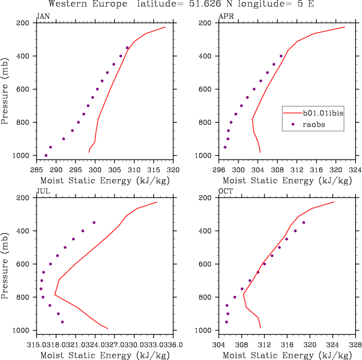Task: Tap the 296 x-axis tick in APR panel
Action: (219, 169)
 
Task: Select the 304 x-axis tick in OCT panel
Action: (219, 345)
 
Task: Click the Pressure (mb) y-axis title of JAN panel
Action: (5, 89)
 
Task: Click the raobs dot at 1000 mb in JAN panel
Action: (46, 155)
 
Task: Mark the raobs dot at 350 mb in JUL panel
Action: (94, 222)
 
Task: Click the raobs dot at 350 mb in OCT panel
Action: (304, 222)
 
